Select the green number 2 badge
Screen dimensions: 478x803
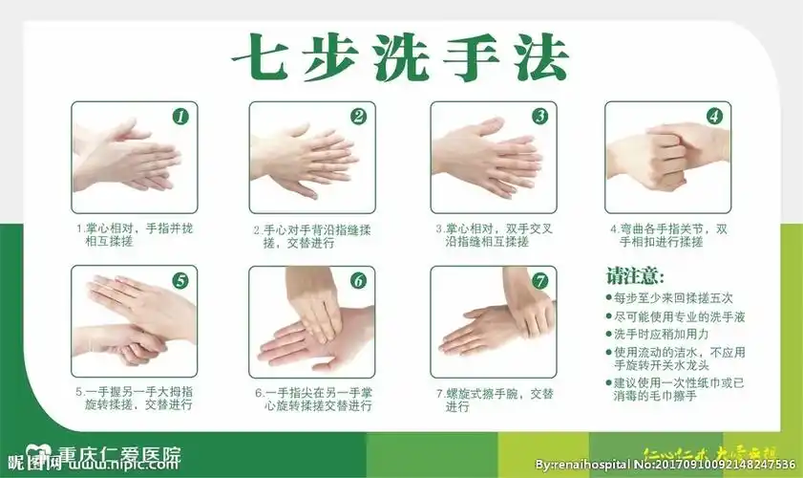[x=358, y=117]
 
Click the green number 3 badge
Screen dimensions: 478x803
[x=539, y=117]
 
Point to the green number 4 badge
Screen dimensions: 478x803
[x=713, y=117]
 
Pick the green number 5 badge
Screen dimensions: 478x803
[x=180, y=280]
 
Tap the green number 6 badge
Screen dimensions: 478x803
[x=358, y=281]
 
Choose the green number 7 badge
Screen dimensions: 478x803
[x=539, y=281]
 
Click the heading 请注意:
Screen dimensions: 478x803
[x=635, y=276]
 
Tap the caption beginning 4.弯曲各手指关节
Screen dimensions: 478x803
[x=668, y=236]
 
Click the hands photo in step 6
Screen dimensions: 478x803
[x=312, y=323]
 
